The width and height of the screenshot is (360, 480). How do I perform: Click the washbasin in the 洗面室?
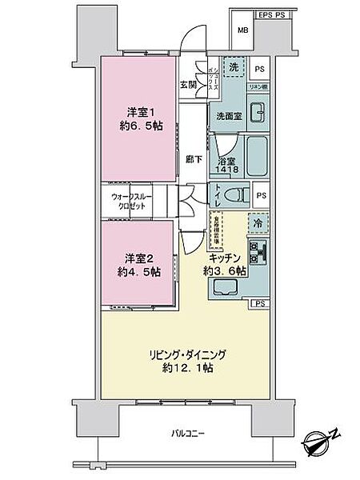point(258,113)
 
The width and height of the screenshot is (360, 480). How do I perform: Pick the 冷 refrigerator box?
point(258,223)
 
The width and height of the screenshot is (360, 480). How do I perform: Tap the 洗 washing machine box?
point(233,69)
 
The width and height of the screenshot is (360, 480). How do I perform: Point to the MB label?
point(242,32)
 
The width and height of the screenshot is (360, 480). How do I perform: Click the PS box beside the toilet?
point(262,194)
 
